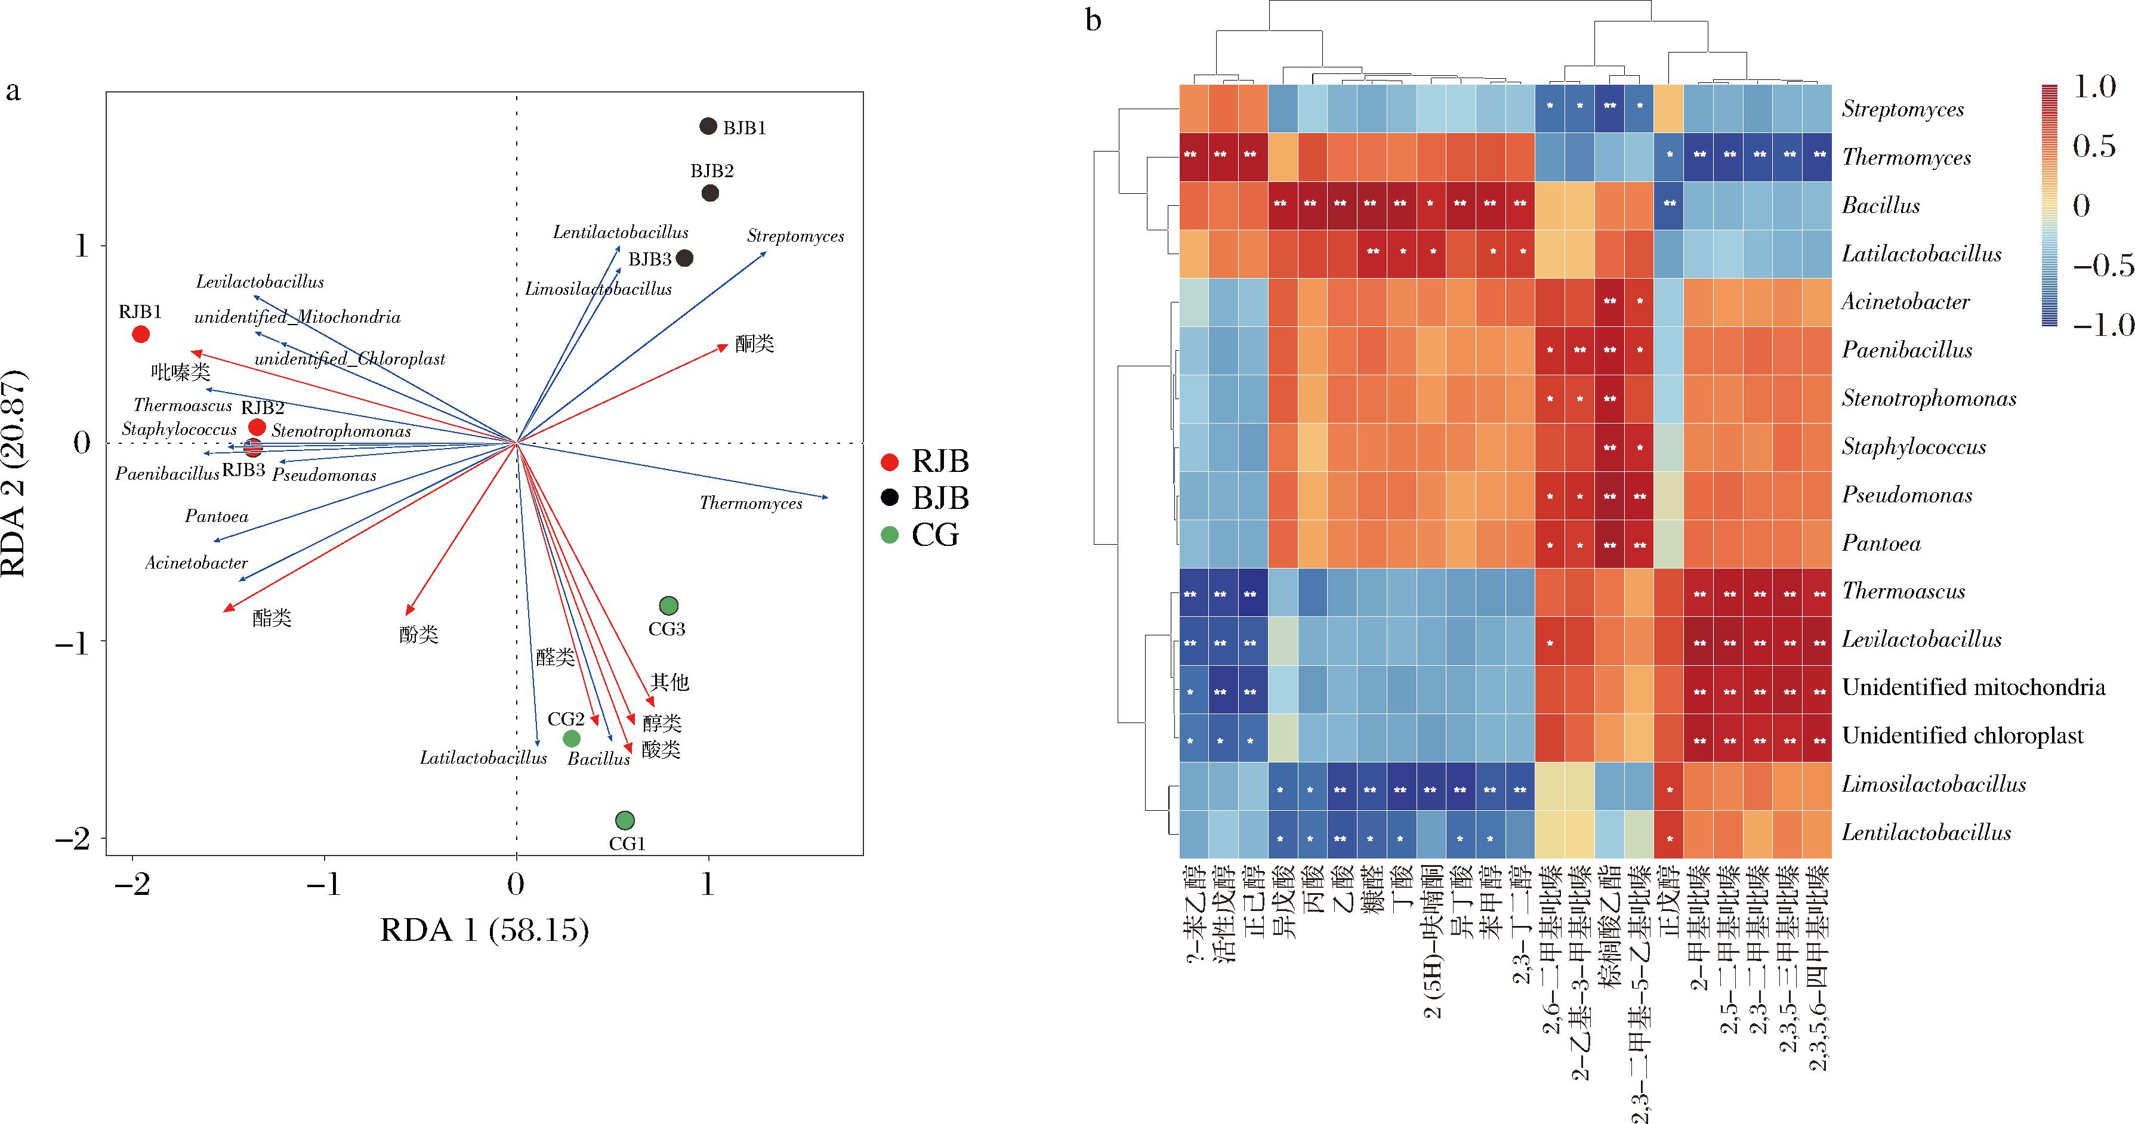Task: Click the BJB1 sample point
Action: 708,126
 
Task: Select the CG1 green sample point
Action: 625,820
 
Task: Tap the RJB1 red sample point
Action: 141,334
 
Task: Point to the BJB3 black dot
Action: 684,258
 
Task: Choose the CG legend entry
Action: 920,535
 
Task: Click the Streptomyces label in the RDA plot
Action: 795,236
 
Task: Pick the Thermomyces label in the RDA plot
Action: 750,503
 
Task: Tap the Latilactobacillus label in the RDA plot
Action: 483,758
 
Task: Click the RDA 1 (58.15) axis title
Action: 485,931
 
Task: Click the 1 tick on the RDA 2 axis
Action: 81,246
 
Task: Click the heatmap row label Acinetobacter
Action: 1905,302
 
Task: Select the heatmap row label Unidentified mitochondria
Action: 1973,687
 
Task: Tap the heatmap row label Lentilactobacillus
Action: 1926,832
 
